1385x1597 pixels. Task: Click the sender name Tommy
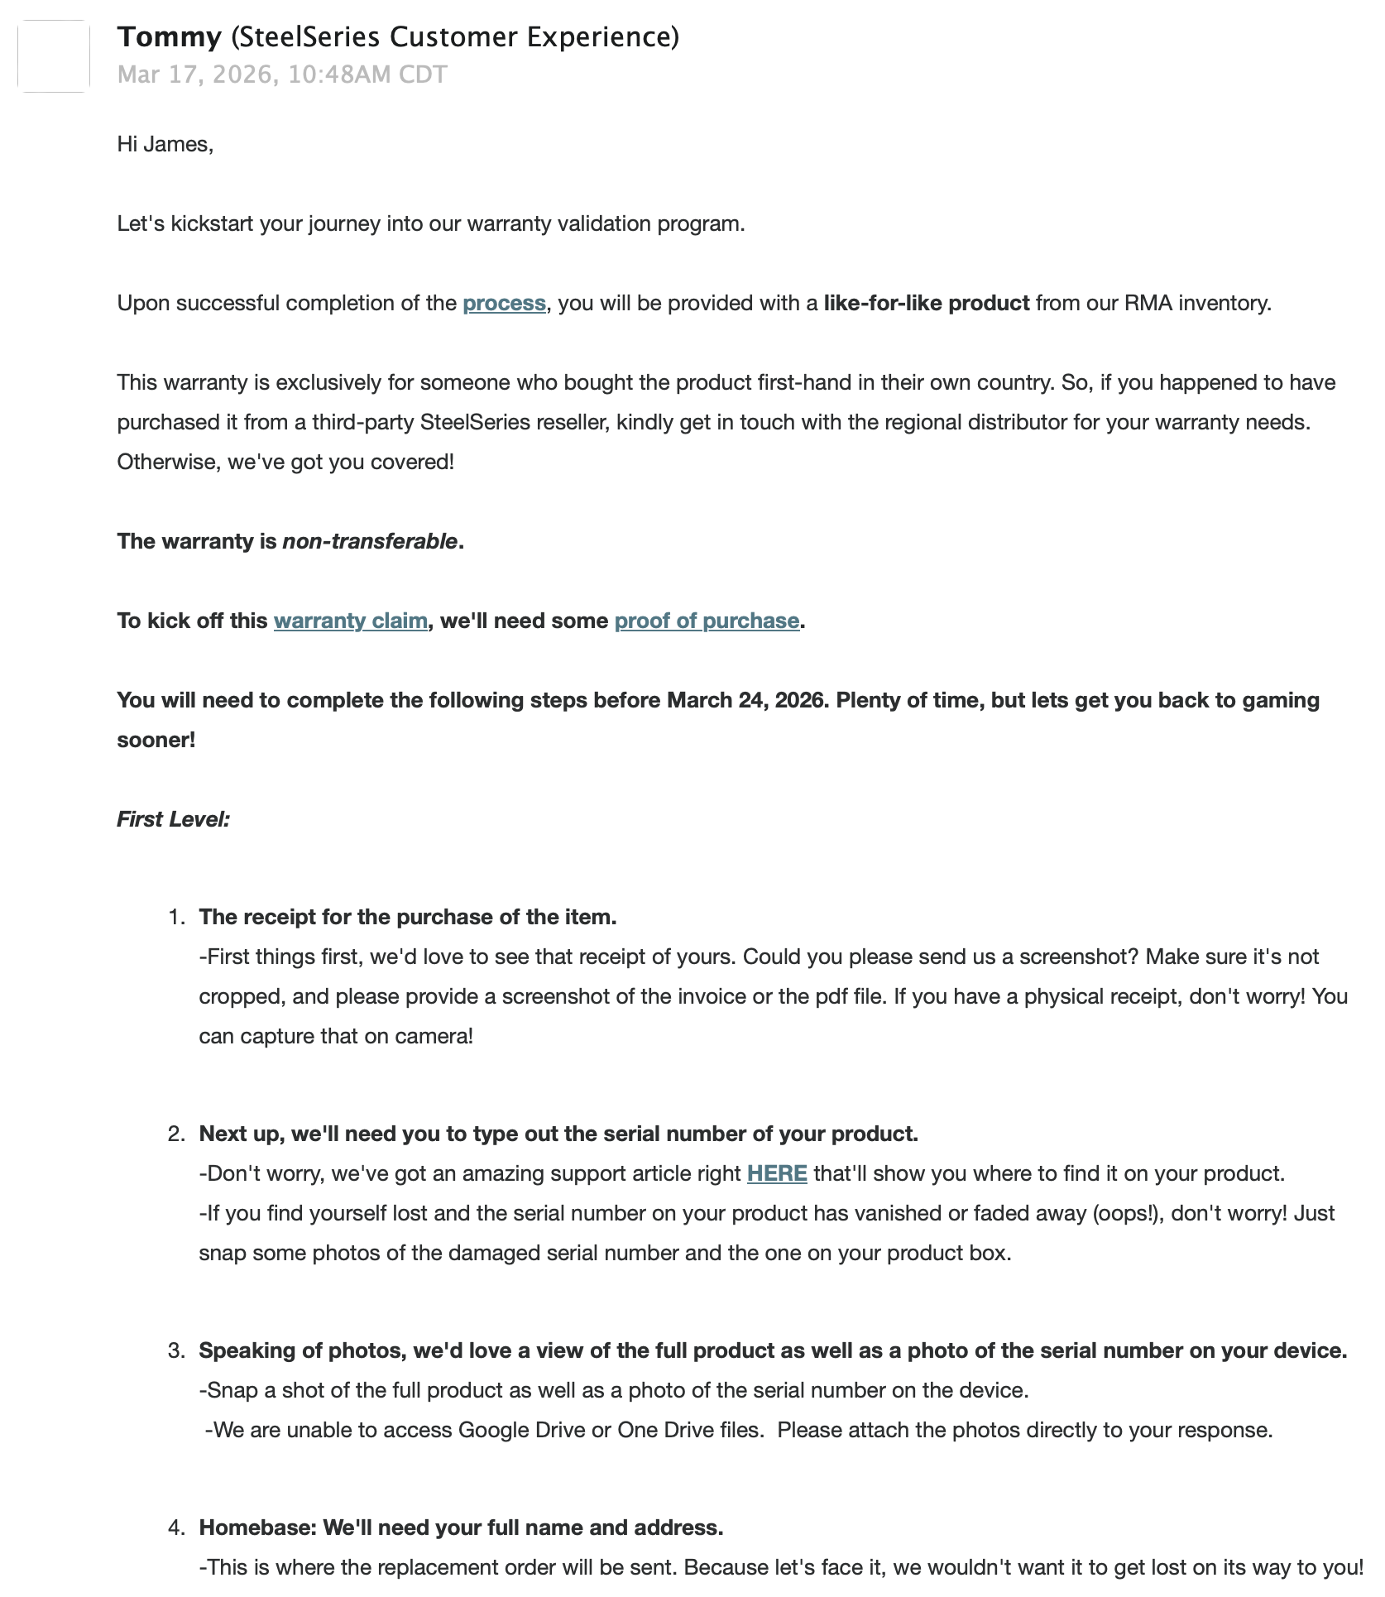tap(170, 37)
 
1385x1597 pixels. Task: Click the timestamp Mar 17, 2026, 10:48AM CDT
tap(282, 74)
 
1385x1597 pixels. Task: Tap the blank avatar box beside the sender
tap(54, 56)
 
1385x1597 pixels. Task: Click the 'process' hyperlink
tap(504, 304)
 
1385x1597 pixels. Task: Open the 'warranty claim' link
tap(351, 621)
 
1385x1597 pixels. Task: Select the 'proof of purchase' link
tap(707, 621)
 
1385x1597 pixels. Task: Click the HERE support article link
tap(777, 1174)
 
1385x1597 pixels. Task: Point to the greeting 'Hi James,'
tap(165, 145)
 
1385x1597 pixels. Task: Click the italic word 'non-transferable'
tap(370, 542)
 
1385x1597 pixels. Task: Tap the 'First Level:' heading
tap(174, 820)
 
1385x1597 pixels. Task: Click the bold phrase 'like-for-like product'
tap(927, 304)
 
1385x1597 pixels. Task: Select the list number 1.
tap(175, 918)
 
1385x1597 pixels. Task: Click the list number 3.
tap(175, 1351)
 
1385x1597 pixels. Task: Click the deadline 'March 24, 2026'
tap(745, 701)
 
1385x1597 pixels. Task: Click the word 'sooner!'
tap(156, 741)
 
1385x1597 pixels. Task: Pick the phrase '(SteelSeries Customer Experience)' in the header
tap(454, 37)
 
